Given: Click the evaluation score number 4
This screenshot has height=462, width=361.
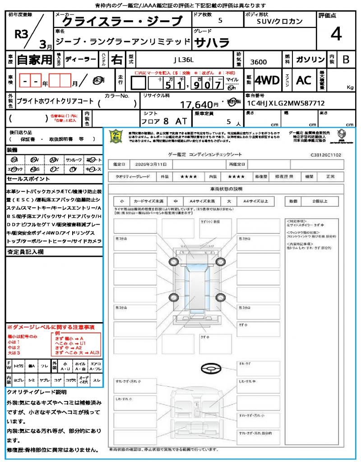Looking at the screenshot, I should click(335, 34).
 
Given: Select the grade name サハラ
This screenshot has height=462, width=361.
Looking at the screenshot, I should click(212, 43).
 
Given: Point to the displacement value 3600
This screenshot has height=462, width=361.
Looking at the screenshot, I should click(259, 62).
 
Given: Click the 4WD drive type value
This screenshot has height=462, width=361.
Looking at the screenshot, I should click(267, 80).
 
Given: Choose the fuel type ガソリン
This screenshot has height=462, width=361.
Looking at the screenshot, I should click(310, 60).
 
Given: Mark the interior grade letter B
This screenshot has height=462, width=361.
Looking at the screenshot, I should click(345, 60).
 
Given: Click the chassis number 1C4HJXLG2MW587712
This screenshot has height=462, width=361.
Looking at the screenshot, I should click(285, 103).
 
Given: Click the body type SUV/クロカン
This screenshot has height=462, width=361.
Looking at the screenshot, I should click(280, 21).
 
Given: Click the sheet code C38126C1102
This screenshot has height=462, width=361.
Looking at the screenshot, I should click(325, 155).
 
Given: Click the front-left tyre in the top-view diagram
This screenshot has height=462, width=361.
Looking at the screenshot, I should click(173, 262).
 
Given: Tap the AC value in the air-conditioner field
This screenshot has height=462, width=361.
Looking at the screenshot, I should click(304, 80).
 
